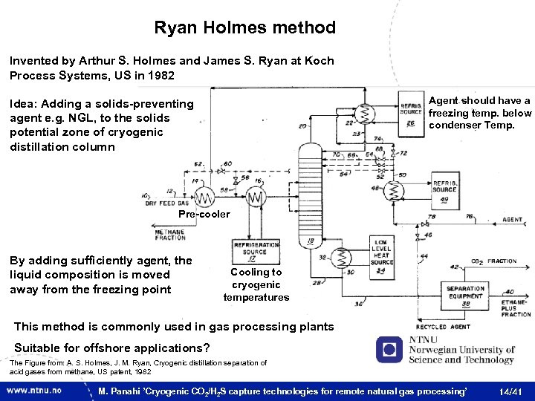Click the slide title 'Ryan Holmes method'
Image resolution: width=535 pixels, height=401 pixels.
pyautogui.click(x=244, y=28)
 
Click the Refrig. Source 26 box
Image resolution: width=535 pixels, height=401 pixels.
pyautogui.click(x=411, y=112)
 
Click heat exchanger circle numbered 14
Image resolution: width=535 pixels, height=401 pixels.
pyautogui.click(x=199, y=198)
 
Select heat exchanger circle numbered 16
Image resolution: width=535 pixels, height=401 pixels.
pyautogui.click(x=255, y=198)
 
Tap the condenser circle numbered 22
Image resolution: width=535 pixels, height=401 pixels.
pyautogui.click(x=364, y=113)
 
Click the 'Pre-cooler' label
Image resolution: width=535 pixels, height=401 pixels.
pyautogui.click(x=204, y=215)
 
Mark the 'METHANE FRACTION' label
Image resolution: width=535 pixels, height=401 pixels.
pyautogui.click(x=170, y=234)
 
